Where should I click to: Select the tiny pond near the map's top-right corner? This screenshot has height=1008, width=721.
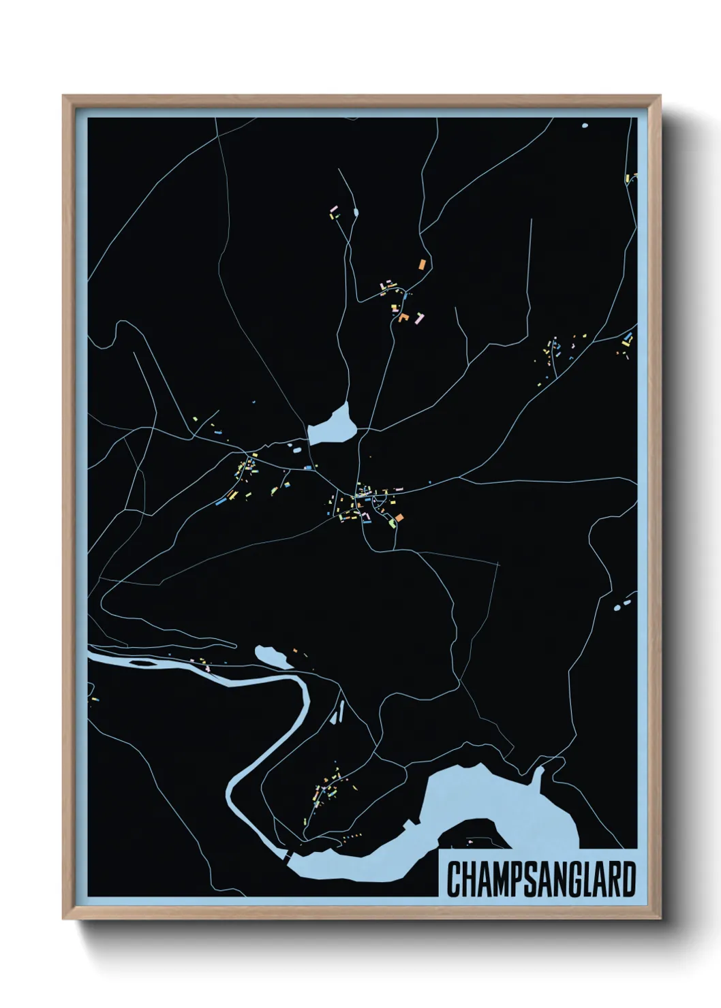click(x=584, y=125)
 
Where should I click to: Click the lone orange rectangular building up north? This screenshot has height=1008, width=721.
click(x=422, y=263)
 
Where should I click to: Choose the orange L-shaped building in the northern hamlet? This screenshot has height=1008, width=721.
click(x=404, y=317)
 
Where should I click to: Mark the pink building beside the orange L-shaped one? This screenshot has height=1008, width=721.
click(x=419, y=317)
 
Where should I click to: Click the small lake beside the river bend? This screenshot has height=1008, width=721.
click(x=271, y=657)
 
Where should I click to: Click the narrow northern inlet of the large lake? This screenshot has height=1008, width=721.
click(x=538, y=776)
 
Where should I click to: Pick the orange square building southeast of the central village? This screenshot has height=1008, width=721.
click(x=399, y=518)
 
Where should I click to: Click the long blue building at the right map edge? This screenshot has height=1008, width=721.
click(x=627, y=338)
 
